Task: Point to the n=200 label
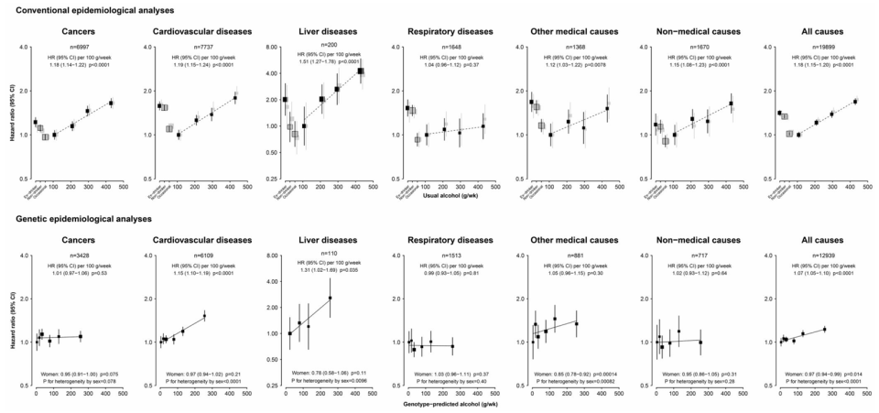pos(322,45)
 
